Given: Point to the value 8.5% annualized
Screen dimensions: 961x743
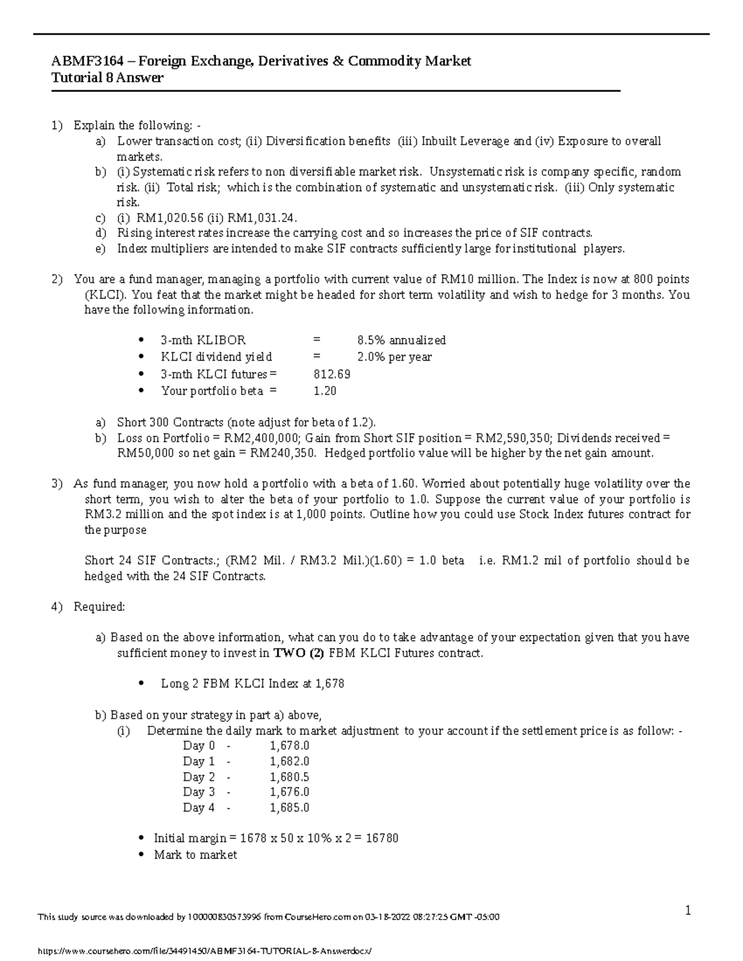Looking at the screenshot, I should (x=401, y=340).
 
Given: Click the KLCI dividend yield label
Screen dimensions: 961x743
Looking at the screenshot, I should (x=216, y=357).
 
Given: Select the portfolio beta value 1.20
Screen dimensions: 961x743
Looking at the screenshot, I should (x=325, y=391).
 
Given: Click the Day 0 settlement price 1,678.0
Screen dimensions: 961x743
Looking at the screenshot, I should (x=289, y=746).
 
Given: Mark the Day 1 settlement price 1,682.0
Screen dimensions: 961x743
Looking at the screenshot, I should (x=289, y=761).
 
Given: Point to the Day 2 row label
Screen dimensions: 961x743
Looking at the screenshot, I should (x=199, y=777).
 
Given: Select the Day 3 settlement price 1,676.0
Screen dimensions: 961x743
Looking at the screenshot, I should (x=289, y=792).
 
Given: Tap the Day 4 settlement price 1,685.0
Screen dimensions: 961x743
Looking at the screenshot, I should (x=289, y=808).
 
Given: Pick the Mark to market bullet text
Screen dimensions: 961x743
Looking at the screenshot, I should (x=195, y=855).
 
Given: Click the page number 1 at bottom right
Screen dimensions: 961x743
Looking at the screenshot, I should (x=687, y=910).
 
